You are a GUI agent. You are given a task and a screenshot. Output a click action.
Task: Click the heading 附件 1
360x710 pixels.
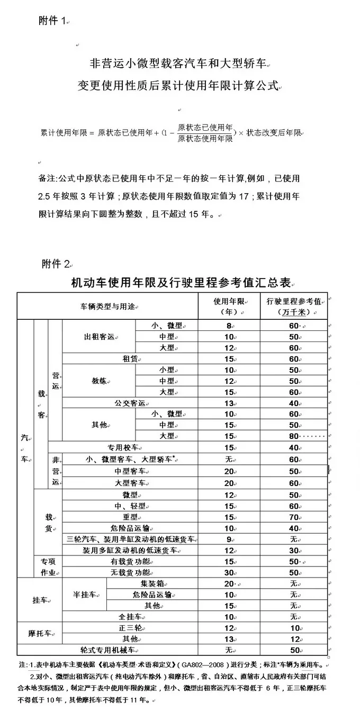[53, 21]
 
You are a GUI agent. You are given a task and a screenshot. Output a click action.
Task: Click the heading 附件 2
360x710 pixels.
[55, 263]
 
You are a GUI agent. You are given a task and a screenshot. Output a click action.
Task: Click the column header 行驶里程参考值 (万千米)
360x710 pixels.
[294, 306]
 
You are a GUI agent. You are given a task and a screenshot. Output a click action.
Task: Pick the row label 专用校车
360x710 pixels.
[122, 447]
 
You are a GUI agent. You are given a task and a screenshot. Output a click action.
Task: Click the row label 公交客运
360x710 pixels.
[129, 403]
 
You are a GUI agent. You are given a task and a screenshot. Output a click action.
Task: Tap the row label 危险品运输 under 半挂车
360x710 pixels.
[152, 595]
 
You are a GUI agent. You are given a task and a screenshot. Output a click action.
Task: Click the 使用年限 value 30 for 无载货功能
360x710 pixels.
[229, 572]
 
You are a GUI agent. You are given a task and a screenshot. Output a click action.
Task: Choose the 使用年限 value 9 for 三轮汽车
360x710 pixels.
[229, 539]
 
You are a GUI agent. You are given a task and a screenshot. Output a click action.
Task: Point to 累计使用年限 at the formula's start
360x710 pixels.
[60, 132]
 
